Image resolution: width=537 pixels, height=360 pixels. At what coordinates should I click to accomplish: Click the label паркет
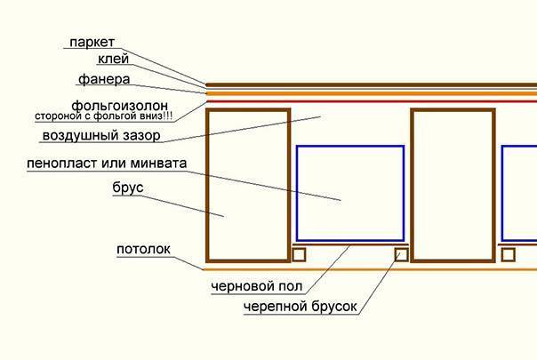(x=92, y=43)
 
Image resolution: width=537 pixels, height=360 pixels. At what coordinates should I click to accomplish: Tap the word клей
(x=114, y=59)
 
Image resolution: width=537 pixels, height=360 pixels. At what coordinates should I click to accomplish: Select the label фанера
(x=104, y=79)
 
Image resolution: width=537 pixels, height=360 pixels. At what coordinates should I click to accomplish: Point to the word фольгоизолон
(x=119, y=106)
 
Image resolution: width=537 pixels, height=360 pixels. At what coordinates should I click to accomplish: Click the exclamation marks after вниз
(x=168, y=116)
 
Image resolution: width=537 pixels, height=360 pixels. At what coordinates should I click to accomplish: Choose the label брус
(x=128, y=188)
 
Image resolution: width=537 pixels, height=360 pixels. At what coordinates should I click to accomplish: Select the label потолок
(x=143, y=249)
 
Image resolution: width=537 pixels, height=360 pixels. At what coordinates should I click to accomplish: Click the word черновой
(x=242, y=286)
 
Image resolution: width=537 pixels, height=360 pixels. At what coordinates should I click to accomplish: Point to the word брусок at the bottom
(x=334, y=307)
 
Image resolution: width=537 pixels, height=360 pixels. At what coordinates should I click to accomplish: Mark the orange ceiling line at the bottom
(x=370, y=269)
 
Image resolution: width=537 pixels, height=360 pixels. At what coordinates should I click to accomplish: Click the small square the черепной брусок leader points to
(x=401, y=255)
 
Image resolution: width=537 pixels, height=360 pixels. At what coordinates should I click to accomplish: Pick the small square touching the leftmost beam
(x=299, y=255)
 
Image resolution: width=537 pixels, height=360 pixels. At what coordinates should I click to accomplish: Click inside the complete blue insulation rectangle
(x=350, y=194)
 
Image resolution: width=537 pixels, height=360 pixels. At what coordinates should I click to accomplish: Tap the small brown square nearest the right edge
(x=509, y=255)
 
